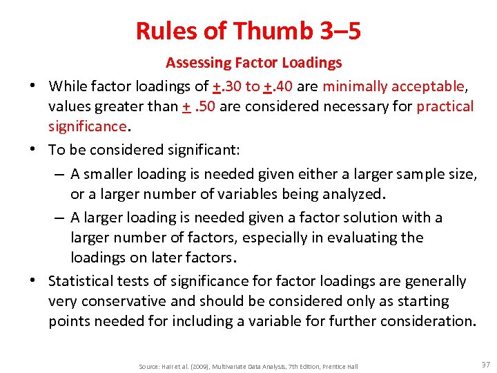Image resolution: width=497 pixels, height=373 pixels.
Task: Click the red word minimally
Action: pyautogui.click(x=354, y=86)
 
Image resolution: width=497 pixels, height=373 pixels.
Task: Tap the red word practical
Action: pyautogui.click(x=445, y=106)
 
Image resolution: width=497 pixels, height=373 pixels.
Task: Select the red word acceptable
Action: pyautogui.click(x=428, y=86)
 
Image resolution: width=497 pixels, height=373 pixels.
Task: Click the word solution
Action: pyautogui.click(x=364, y=218)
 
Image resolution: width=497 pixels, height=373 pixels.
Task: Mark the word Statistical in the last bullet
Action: pyautogui.click(x=81, y=281)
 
